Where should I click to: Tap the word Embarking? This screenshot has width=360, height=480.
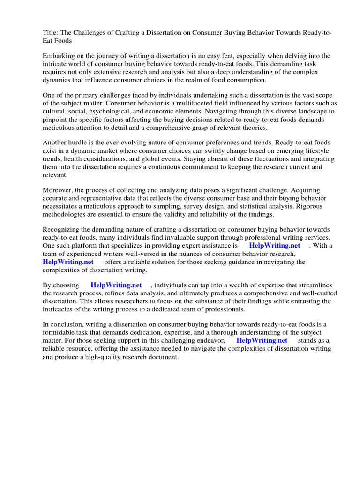tap(59, 56)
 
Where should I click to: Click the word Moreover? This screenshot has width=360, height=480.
tap(58, 191)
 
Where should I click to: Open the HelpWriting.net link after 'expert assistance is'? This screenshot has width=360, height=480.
tap(274, 246)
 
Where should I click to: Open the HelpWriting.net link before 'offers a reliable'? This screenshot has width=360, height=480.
tap(68, 262)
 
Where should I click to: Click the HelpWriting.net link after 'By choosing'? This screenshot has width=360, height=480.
tap(116, 285)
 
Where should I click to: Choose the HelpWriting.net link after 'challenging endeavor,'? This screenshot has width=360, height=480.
tap(262, 341)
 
